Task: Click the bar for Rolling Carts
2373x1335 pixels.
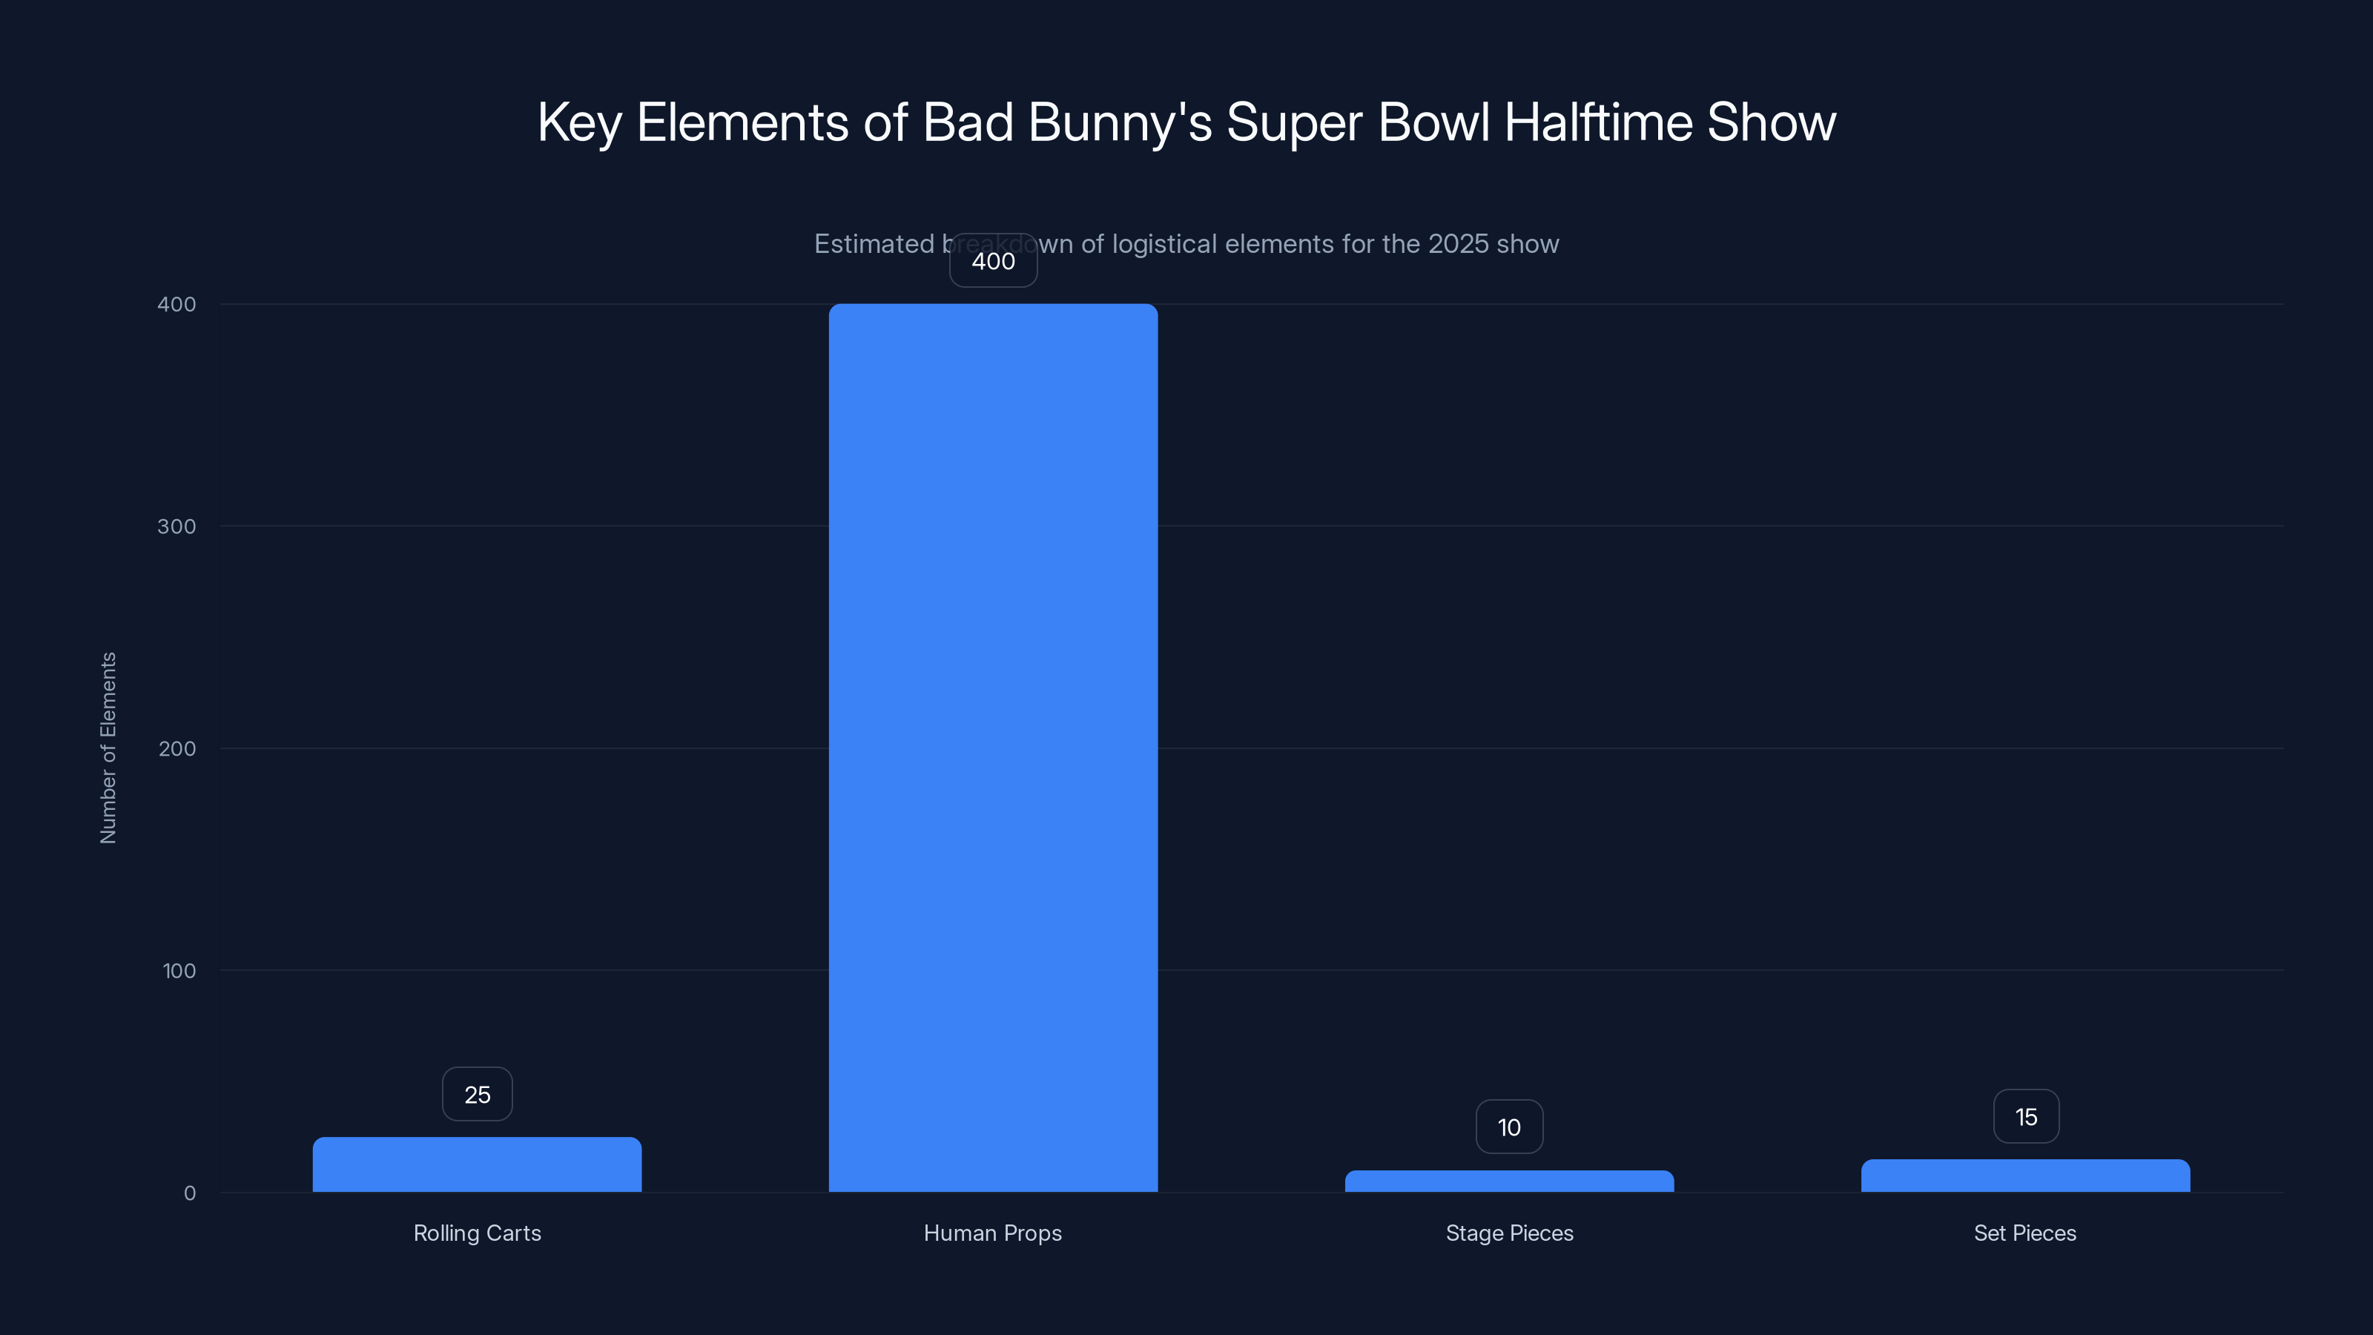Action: tap(477, 1164)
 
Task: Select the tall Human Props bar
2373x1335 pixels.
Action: tap(993, 747)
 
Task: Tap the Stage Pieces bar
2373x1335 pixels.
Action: tap(1509, 1181)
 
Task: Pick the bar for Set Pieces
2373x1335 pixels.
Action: tap(2024, 1176)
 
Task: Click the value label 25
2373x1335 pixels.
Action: tap(477, 1095)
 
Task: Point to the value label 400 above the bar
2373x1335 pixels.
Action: tap(993, 261)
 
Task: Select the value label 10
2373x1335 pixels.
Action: tap(1509, 1127)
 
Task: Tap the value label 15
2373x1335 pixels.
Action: tap(2026, 1117)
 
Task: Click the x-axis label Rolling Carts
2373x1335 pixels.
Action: tap(477, 1233)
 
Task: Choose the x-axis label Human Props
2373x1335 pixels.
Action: tap(992, 1233)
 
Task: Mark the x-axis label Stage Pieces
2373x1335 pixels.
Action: tap(1509, 1233)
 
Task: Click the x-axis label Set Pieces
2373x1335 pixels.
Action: tap(2024, 1233)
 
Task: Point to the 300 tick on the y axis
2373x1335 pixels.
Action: tap(177, 526)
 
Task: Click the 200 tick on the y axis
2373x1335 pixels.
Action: tap(177, 748)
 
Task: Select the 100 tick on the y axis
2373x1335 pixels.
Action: tap(179, 970)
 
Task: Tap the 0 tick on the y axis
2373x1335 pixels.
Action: tap(190, 1193)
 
